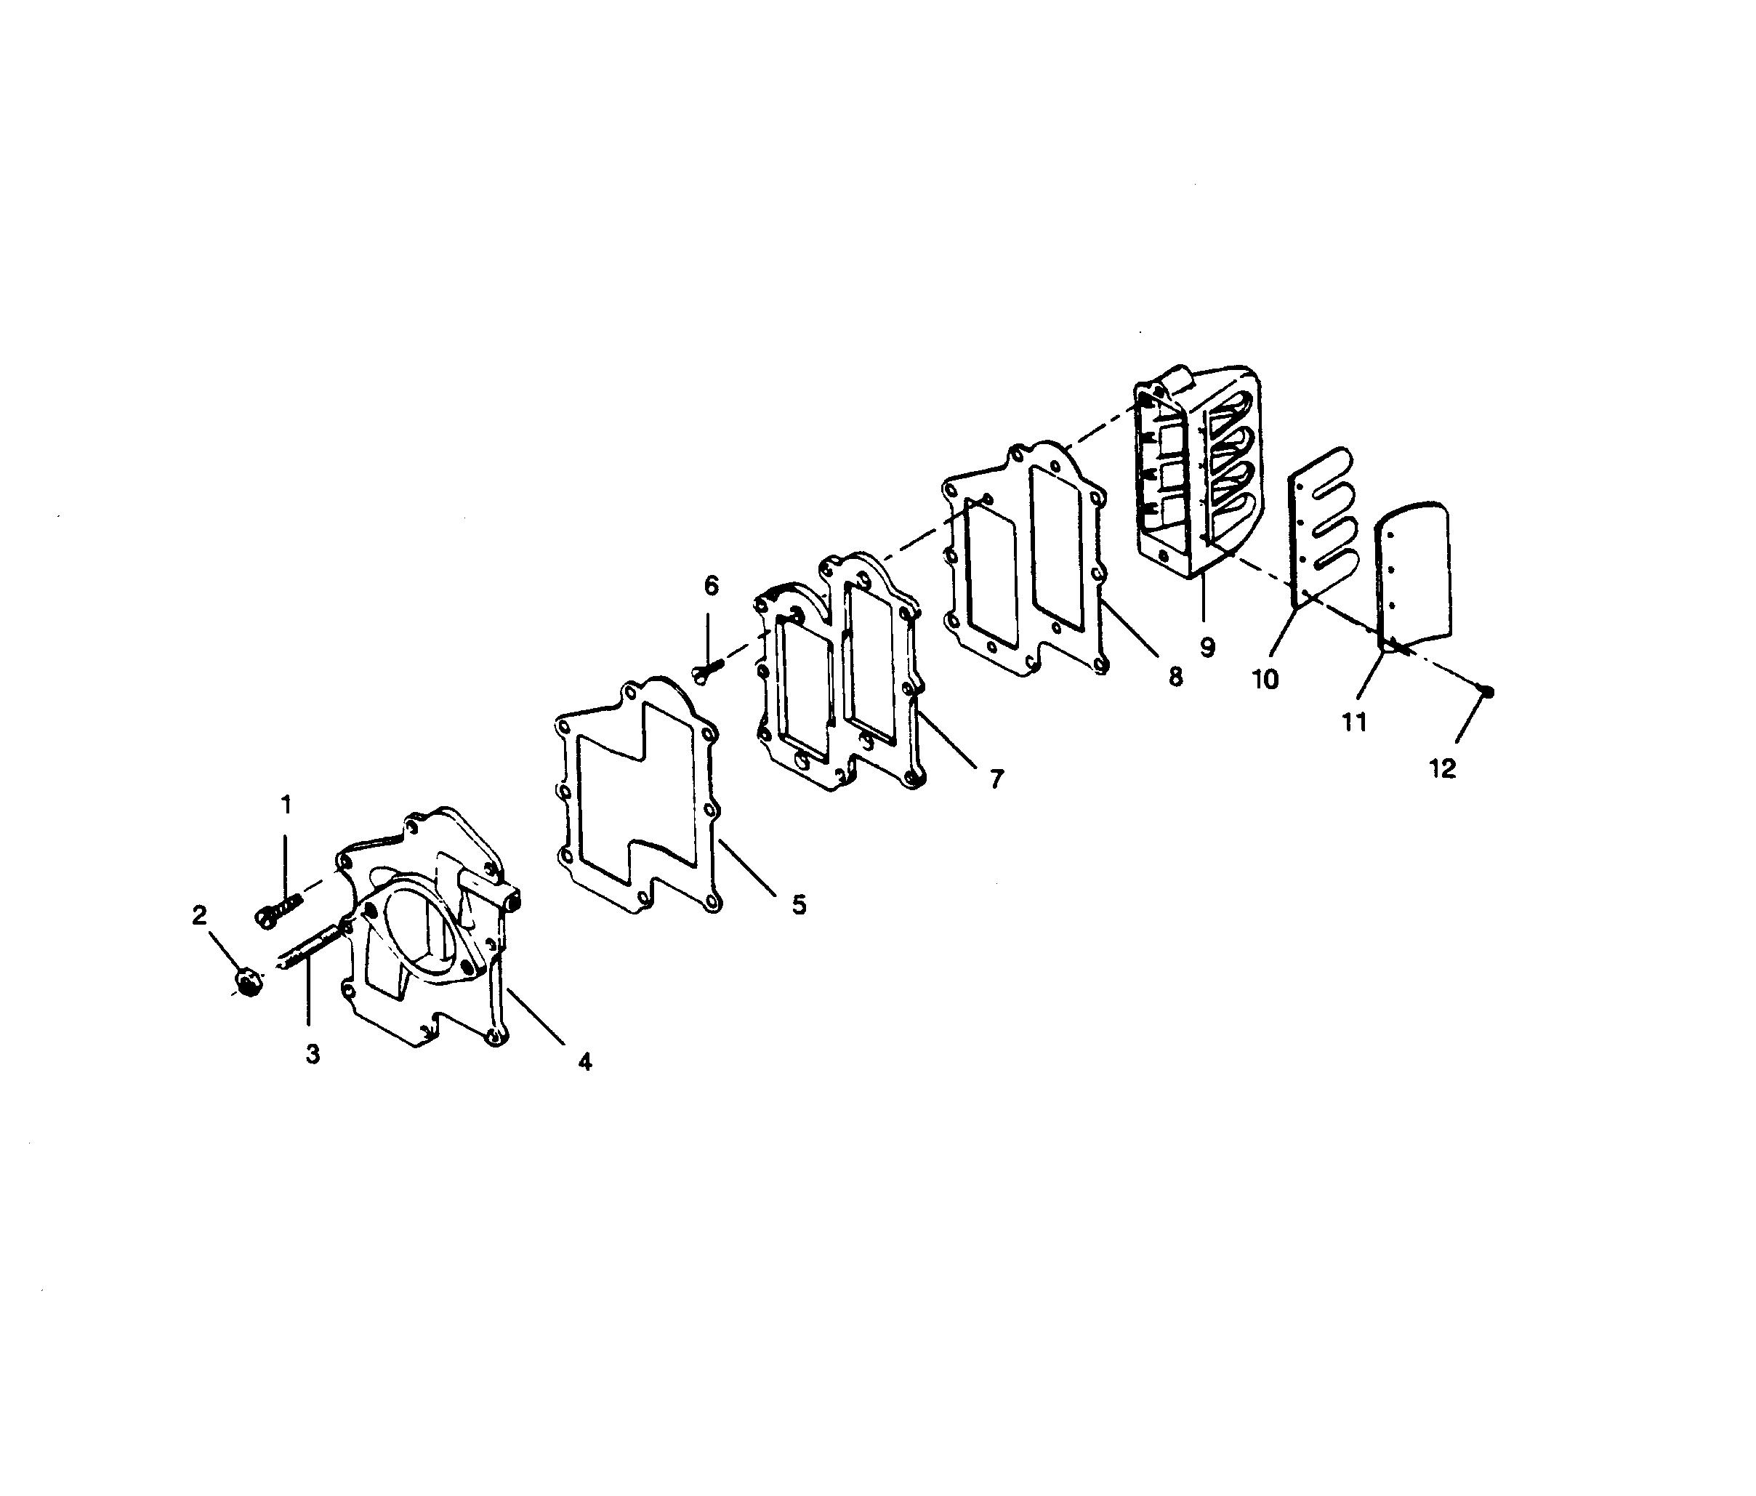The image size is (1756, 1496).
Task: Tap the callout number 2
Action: coord(199,915)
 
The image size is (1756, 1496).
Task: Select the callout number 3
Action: coord(313,1055)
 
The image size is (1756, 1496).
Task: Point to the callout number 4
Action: coord(585,1061)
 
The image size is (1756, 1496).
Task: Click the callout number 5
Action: coord(800,904)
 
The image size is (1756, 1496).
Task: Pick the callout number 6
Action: coord(711,585)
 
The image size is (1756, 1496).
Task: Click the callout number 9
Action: coord(1207,647)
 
